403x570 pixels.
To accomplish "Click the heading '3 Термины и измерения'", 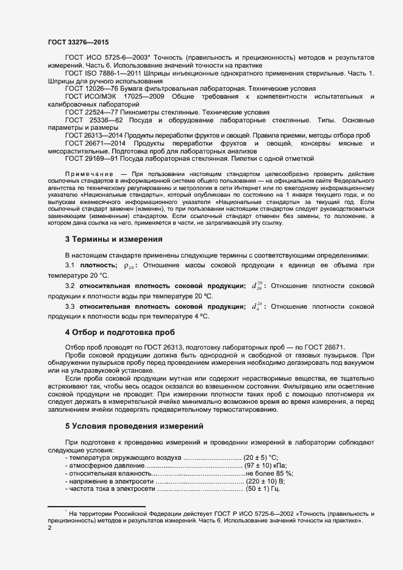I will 113,239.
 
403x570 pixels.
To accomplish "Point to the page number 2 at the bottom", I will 49,528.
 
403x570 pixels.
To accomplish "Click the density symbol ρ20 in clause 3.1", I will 129,266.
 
